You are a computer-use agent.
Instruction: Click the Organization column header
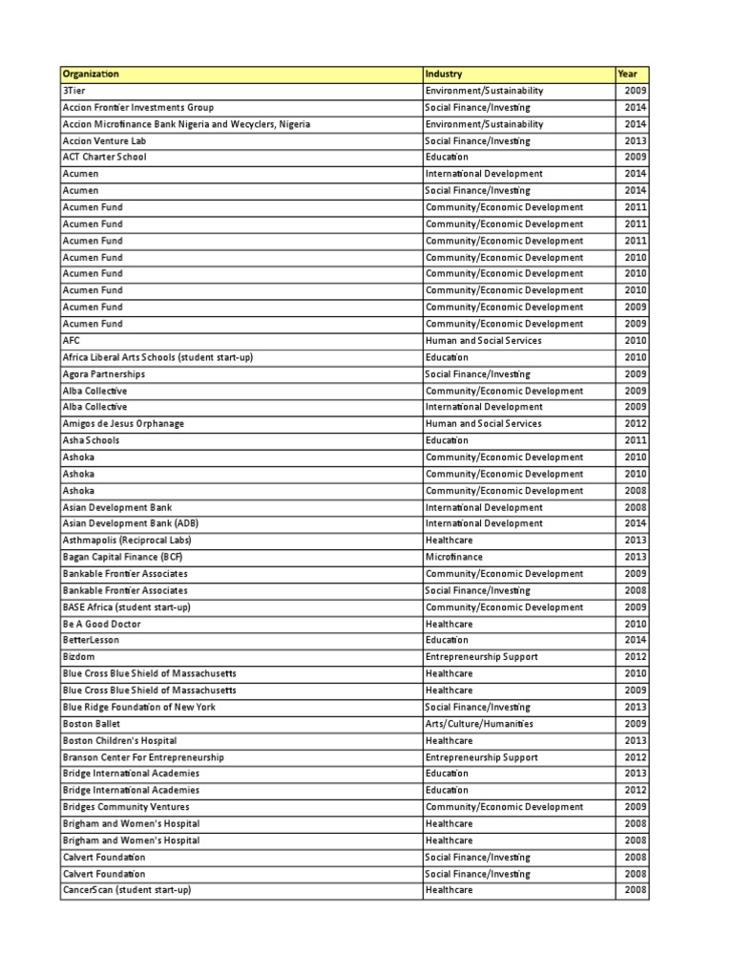coord(91,74)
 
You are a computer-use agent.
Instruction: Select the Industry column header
coord(444,74)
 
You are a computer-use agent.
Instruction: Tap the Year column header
coord(627,74)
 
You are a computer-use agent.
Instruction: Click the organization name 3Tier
coord(73,91)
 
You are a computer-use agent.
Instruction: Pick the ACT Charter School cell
coord(104,157)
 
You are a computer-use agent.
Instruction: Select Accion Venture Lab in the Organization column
coord(102,140)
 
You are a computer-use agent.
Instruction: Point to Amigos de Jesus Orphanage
coord(123,423)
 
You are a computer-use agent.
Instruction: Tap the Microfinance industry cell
coord(453,557)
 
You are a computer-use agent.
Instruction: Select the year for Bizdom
coord(636,657)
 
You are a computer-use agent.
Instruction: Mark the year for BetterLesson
coord(636,640)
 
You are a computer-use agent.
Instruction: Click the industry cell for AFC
coord(483,340)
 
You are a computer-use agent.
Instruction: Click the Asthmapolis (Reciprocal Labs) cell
coord(128,540)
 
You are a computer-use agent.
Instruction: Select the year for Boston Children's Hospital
coord(636,740)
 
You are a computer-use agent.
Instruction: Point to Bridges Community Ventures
coord(125,807)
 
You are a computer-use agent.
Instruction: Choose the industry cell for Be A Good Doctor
coord(449,624)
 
